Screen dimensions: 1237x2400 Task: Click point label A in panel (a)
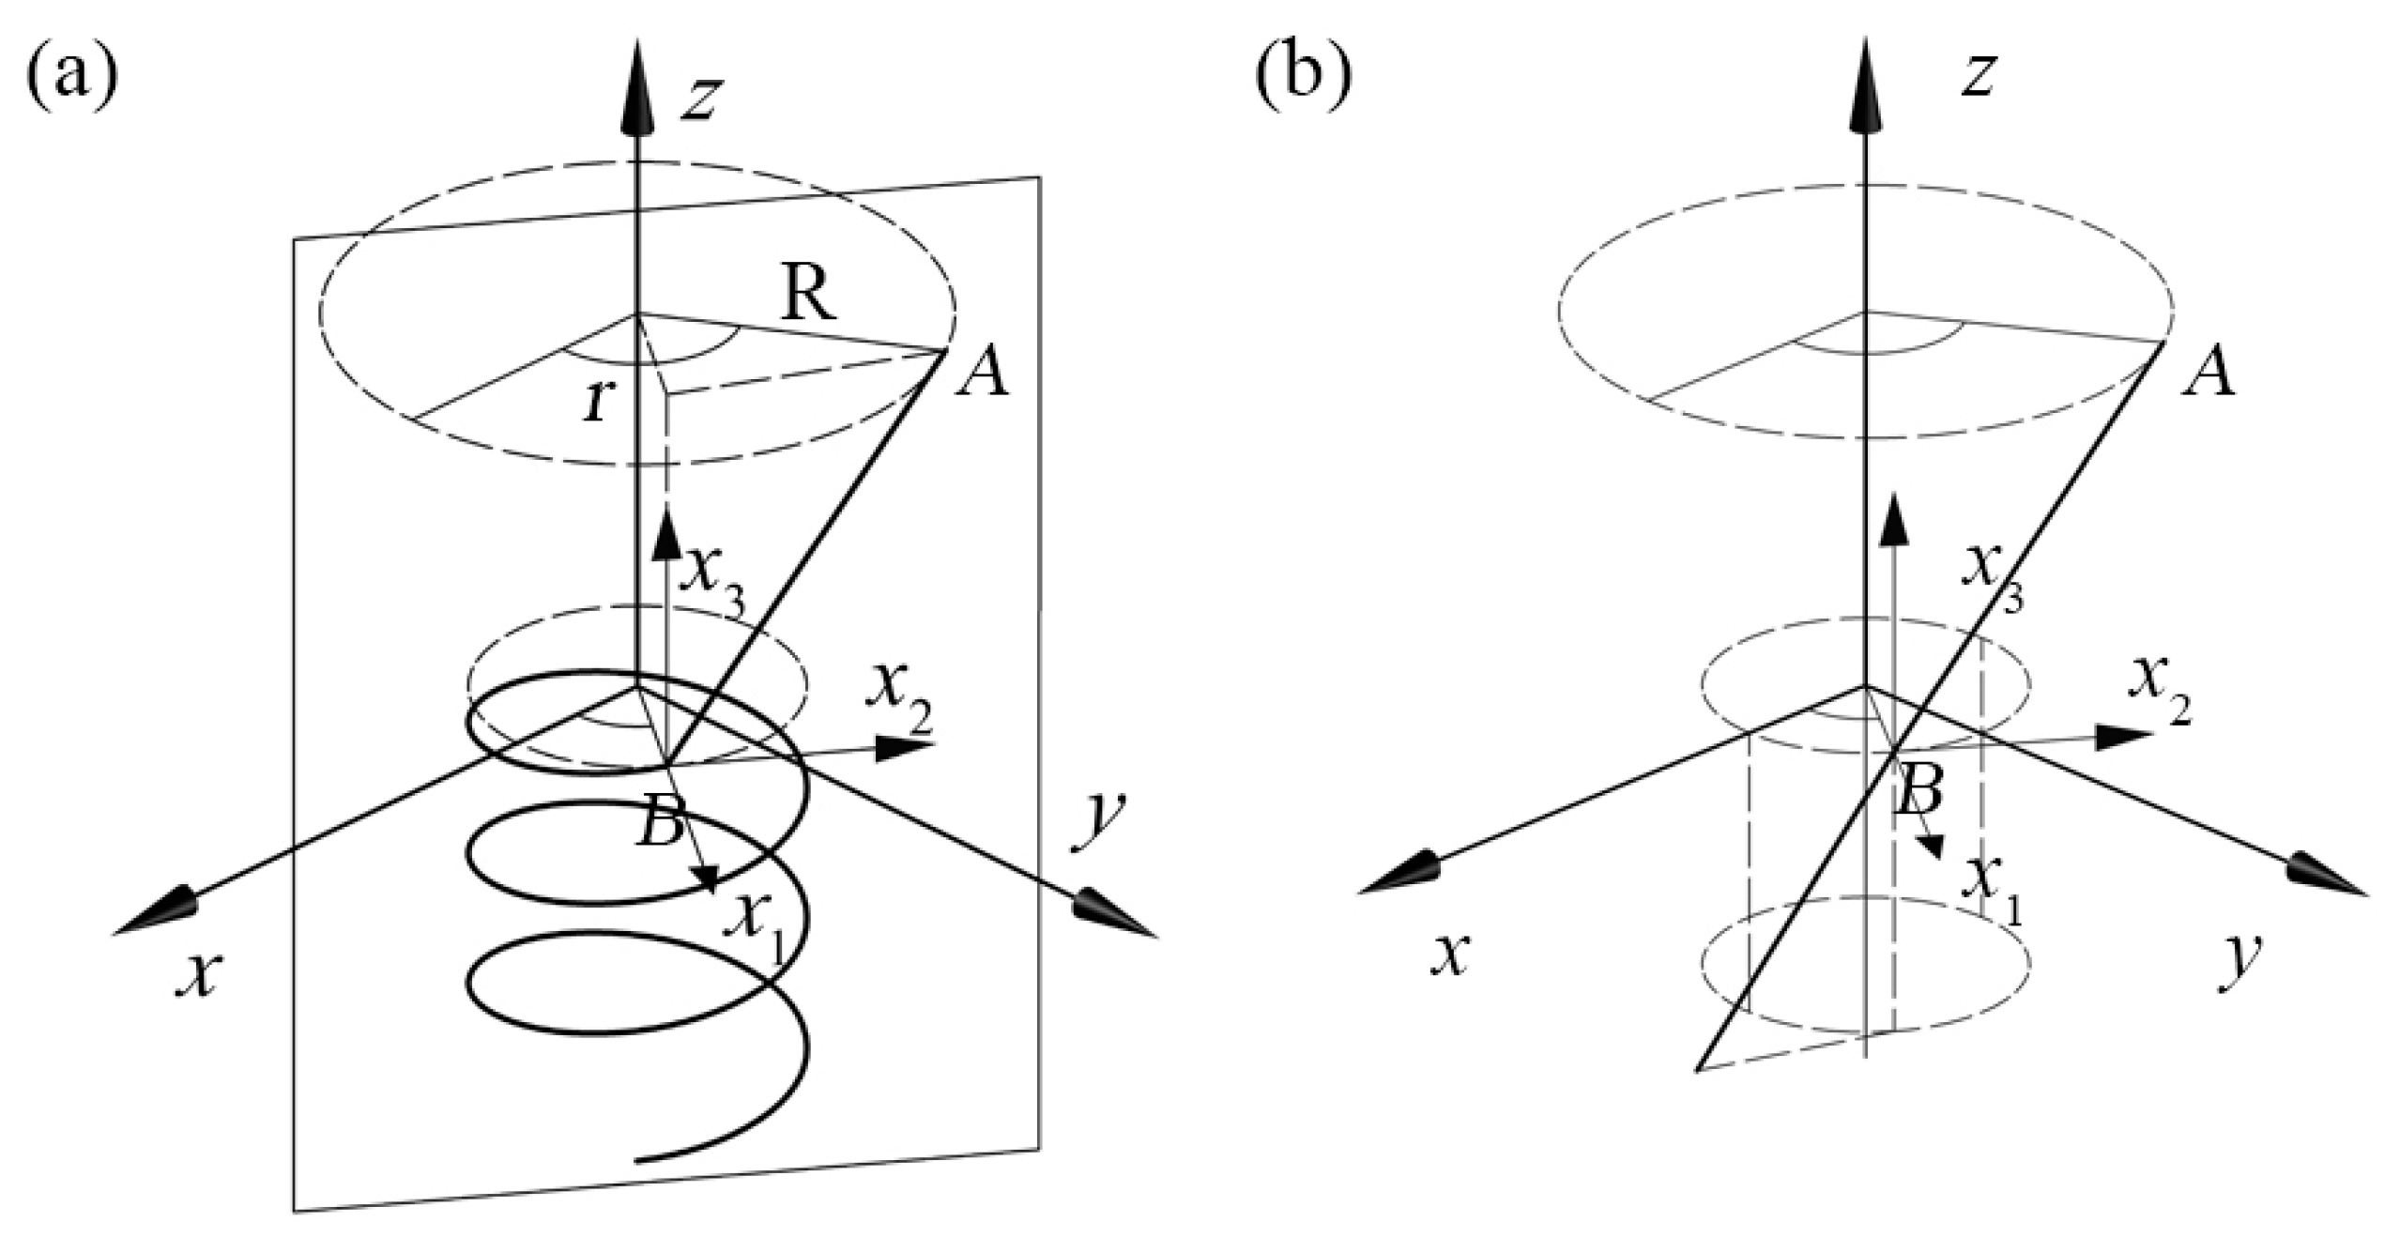[x=981, y=375]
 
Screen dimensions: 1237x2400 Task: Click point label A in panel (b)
[x=2207, y=375]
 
